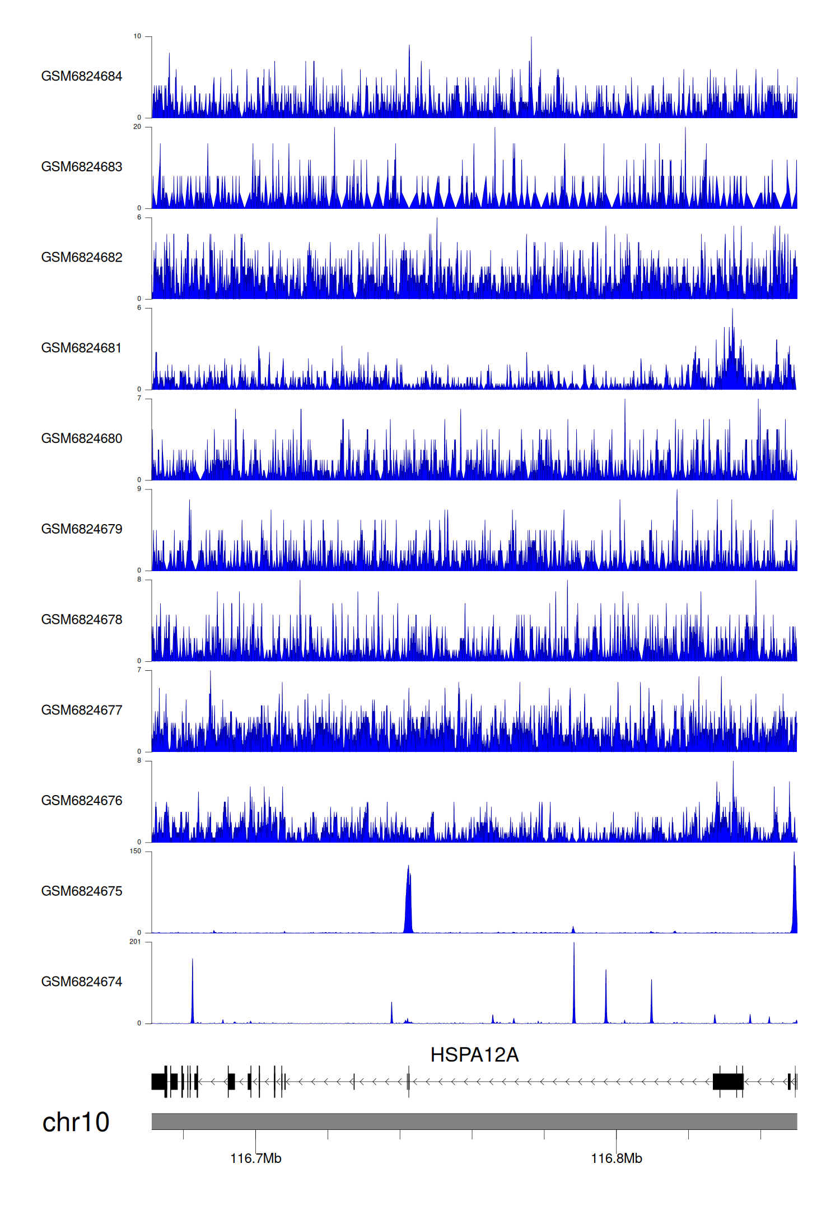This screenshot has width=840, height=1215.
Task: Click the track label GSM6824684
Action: point(82,76)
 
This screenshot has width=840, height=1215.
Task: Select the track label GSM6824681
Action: point(82,348)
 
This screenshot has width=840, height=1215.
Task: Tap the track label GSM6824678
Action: point(82,619)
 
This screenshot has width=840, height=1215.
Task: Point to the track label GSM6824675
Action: point(82,891)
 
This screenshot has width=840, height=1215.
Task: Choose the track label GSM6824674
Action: point(82,982)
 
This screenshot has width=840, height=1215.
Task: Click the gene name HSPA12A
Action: point(474,1055)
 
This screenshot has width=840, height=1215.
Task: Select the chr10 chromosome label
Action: point(76,1122)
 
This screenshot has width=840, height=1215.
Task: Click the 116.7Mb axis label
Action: point(256,1158)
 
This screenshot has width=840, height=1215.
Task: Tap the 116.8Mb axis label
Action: point(617,1158)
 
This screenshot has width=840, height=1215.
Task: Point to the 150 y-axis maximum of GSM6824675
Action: point(136,851)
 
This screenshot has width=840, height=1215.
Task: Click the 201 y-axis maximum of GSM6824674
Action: point(136,942)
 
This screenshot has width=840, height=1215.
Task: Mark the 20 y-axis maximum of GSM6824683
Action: point(137,127)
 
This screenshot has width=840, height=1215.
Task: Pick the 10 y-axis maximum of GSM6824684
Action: point(137,36)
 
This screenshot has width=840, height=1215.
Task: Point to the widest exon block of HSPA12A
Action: point(728,1081)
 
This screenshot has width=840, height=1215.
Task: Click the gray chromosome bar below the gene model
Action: point(474,1121)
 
